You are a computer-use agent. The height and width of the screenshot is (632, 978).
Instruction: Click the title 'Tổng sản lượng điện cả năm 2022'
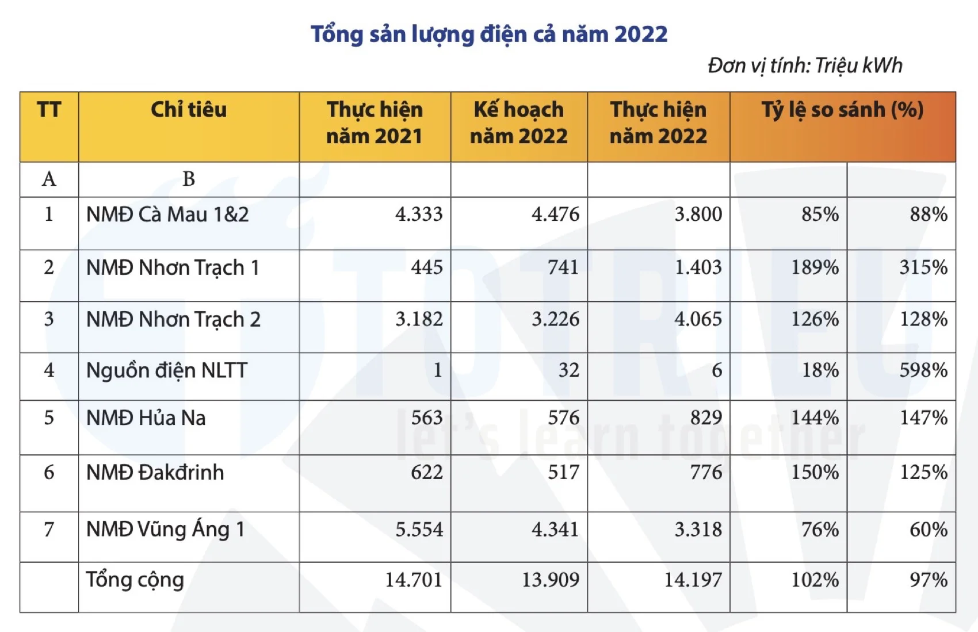click(489, 35)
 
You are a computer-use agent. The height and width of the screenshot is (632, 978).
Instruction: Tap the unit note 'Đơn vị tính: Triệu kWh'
click(804, 66)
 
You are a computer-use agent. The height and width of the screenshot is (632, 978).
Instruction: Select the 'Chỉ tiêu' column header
click(189, 110)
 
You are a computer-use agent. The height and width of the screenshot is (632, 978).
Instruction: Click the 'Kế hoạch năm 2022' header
click(518, 123)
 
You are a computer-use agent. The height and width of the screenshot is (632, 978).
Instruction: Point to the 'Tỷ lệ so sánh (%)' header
click(842, 110)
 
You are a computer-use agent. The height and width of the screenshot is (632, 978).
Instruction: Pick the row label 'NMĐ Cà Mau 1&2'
click(167, 215)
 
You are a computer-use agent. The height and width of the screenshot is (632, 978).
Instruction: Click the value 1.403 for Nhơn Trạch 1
click(698, 267)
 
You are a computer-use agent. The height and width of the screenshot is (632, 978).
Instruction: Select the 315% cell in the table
click(923, 267)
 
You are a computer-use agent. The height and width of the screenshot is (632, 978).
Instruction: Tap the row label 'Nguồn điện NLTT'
click(167, 371)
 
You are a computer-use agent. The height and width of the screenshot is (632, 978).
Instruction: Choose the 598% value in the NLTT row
click(923, 370)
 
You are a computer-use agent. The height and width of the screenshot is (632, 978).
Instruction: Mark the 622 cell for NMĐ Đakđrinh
click(426, 473)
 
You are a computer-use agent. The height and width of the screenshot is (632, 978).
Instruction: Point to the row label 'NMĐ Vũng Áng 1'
click(166, 529)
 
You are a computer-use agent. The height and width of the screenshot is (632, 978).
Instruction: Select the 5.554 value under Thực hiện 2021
click(419, 530)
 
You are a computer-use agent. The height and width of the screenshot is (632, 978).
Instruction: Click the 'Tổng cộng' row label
click(135, 580)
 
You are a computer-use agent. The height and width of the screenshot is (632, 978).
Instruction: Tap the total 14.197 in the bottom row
click(693, 580)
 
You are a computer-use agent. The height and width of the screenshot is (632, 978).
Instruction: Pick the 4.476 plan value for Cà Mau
click(555, 215)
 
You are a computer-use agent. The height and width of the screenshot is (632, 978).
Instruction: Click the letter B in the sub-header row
click(189, 179)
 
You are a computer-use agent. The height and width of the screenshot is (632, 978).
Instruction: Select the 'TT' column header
click(49, 110)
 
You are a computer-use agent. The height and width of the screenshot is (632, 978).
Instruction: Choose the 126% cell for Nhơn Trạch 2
click(815, 319)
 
